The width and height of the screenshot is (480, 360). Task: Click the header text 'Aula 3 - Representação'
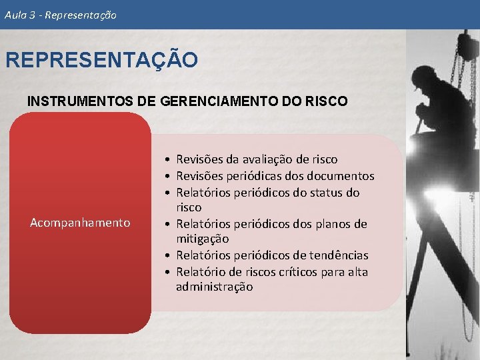point(60,14)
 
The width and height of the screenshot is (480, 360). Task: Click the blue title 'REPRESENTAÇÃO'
point(101,61)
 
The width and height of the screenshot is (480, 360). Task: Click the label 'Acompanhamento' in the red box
point(80,223)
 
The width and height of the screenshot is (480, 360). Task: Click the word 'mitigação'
point(202,239)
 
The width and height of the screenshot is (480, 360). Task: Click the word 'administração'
point(214,287)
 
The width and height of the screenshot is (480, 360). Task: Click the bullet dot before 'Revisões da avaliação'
point(170,160)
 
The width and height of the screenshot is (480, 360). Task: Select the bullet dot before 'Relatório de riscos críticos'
point(170,273)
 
